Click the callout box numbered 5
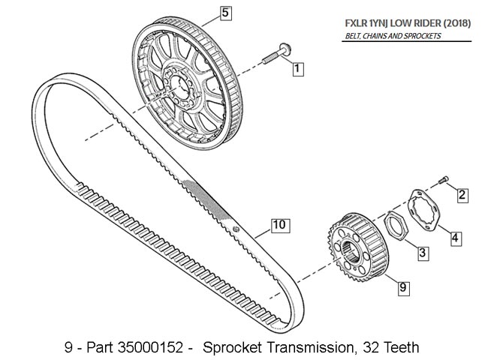click(x=226, y=12)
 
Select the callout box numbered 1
click(x=297, y=69)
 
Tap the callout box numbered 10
click(x=278, y=224)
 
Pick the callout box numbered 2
click(x=462, y=195)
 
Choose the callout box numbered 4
click(x=456, y=238)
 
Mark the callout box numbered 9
click(x=402, y=287)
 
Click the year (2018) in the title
click(x=455, y=22)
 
